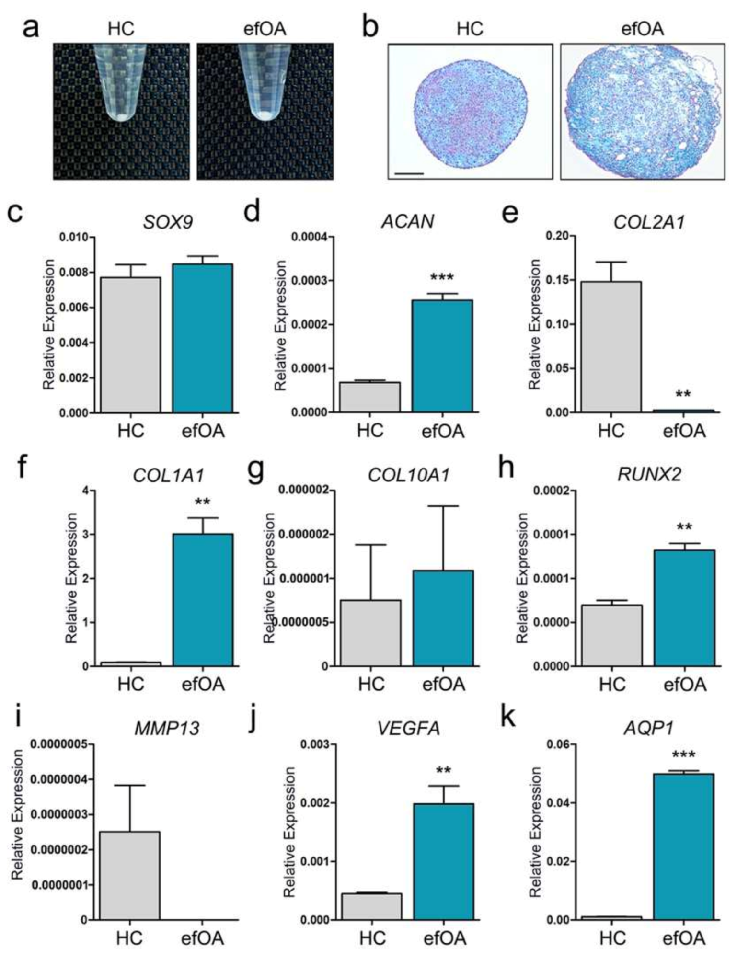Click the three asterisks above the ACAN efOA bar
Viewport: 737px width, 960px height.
(x=442, y=278)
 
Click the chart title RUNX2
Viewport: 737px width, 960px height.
(x=649, y=475)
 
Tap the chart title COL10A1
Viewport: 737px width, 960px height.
(x=408, y=475)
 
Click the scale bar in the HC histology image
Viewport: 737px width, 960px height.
(x=410, y=173)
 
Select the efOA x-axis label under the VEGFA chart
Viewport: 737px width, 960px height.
(x=444, y=938)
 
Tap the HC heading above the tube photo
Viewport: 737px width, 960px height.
(x=121, y=29)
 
